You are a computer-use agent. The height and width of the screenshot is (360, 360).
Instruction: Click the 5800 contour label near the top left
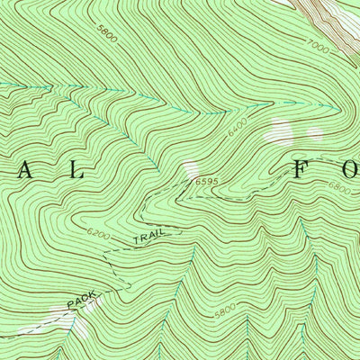pyautogui.click(x=107, y=40)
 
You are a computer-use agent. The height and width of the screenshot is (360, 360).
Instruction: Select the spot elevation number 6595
pyautogui.click(x=205, y=182)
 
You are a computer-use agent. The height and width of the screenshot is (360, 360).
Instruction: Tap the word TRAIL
pyautogui.click(x=150, y=240)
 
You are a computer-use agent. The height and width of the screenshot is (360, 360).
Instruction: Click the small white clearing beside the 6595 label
pyautogui.click(x=189, y=167)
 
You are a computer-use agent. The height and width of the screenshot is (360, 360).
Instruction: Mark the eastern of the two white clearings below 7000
pyautogui.click(x=315, y=132)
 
